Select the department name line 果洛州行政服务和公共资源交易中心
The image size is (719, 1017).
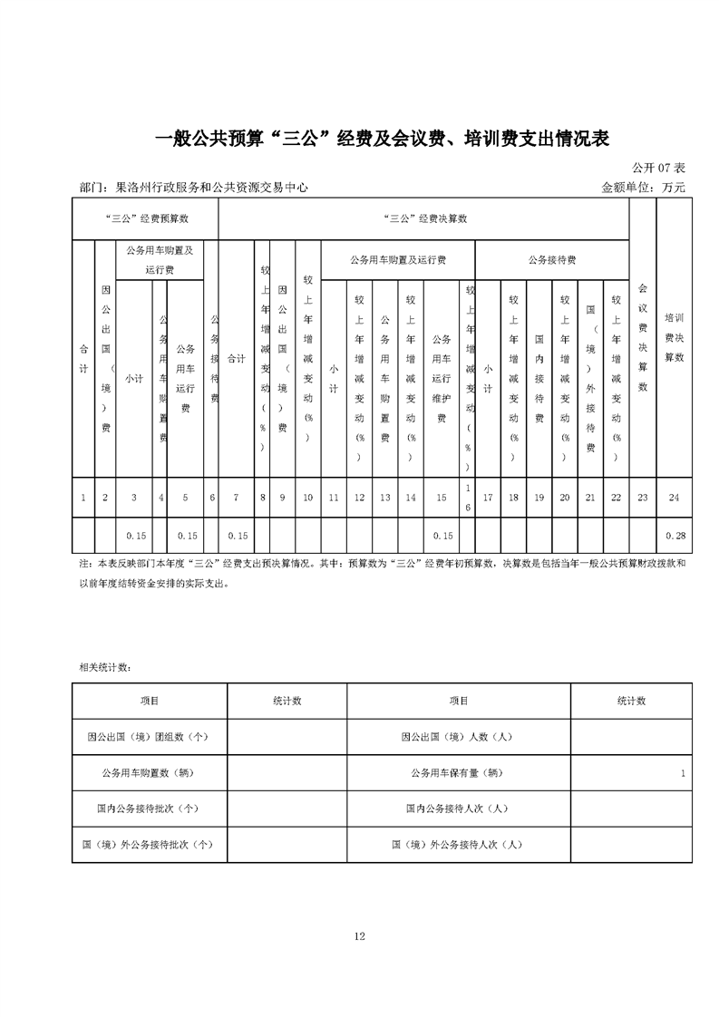click(x=194, y=188)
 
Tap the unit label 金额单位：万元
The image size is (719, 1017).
click(x=644, y=188)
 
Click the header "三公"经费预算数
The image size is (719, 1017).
click(x=145, y=219)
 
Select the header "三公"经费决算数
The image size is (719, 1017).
click(x=426, y=219)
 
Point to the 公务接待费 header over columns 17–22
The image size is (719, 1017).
click(x=552, y=260)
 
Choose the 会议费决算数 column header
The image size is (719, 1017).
click(x=643, y=337)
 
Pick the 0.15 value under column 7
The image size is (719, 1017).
click(x=238, y=536)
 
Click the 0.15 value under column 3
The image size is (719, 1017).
click(x=134, y=536)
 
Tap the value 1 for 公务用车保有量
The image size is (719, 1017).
click(x=681, y=773)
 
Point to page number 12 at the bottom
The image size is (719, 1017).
click(x=360, y=935)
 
